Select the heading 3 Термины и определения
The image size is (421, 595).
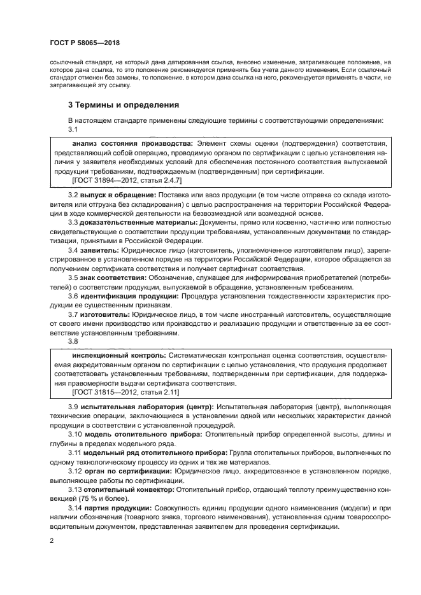point(124,104)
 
